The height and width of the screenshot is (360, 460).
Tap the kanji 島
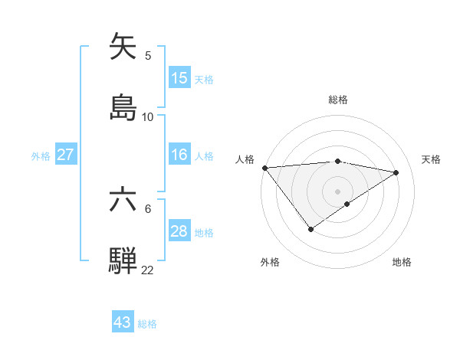click(124, 106)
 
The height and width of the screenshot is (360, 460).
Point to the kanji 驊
click(124, 260)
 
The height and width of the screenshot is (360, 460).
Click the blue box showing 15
click(179, 78)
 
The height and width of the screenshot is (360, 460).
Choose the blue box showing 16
click(179, 155)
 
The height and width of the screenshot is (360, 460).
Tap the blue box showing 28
click(179, 231)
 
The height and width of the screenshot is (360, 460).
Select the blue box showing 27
click(66, 155)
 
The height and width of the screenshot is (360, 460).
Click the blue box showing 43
click(123, 322)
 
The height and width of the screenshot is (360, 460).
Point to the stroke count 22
click(147, 270)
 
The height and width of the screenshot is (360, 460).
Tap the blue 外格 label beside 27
click(41, 155)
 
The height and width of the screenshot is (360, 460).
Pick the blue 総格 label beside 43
click(147, 324)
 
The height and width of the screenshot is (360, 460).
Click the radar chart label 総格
click(337, 100)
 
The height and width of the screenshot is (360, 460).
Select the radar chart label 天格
click(431, 159)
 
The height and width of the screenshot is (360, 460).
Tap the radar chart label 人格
click(245, 159)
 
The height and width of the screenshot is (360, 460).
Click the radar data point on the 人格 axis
click(264, 167)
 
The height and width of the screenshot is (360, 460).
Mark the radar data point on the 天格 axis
click(396, 172)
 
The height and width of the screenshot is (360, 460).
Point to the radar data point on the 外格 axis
click(310, 228)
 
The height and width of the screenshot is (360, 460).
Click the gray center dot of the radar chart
click(337, 191)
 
